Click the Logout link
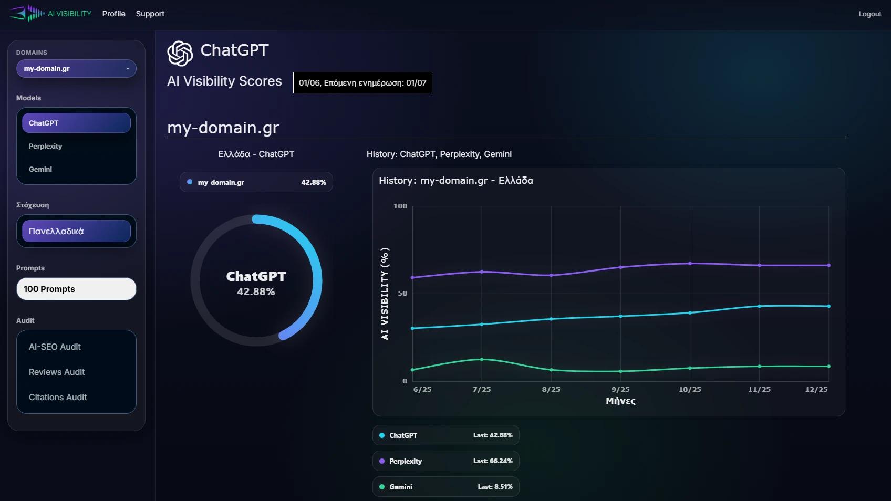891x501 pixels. pos(869,14)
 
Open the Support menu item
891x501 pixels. pos(150,14)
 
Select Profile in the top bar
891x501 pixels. pos(113,14)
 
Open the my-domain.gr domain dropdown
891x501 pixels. pos(76,69)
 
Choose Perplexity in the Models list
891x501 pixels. pos(46,146)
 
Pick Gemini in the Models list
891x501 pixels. pos(40,169)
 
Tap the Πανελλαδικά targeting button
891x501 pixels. pos(76,231)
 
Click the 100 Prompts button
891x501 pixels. pos(76,289)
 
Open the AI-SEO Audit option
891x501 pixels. pos(55,347)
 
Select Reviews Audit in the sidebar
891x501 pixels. pos(57,372)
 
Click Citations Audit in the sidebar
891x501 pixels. pos(58,397)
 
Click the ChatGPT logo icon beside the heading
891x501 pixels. pos(180,54)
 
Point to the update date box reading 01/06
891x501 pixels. pos(362,83)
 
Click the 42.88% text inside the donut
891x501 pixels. pos(256,291)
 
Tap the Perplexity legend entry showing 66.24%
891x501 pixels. pos(445,461)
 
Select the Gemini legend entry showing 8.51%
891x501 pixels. pos(445,487)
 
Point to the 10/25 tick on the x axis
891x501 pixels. pos(690,389)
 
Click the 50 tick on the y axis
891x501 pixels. pos(402,294)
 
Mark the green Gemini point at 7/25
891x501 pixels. pos(482,359)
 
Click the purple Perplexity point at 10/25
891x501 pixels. pos(690,263)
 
